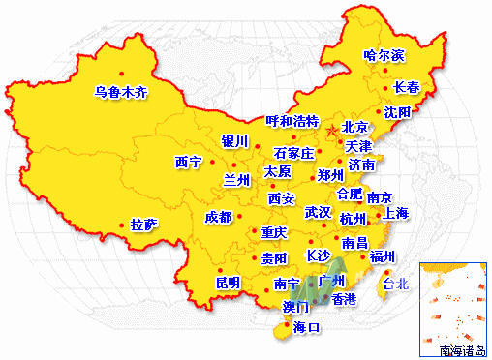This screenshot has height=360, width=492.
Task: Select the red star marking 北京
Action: pyautogui.click(x=332, y=129)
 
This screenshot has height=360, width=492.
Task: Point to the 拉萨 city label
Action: pyautogui.click(x=144, y=225)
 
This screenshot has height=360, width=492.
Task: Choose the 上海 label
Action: pyautogui.click(x=396, y=213)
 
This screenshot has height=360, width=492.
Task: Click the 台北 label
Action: pyautogui.click(x=396, y=285)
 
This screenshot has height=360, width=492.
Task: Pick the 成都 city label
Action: pyautogui.click(x=219, y=217)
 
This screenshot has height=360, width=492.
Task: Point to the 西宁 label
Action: pyautogui.click(x=188, y=162)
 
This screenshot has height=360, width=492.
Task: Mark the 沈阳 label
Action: pyautogui.click(x=398, y=112)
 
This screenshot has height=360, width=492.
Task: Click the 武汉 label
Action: pyautogui.click(x=318, y=212)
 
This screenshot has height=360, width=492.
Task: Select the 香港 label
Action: pyautogui.click(x=344, y=300)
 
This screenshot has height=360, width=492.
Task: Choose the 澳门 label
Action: pyautogui.click(x=296, y=307)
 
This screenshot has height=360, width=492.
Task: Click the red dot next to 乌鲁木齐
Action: pyautogui.click(x=121, y=74)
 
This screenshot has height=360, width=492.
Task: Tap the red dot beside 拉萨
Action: pyautogui.click(x=122, y=225)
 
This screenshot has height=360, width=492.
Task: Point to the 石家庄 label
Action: pyautogui.click(x=294, y=154)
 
